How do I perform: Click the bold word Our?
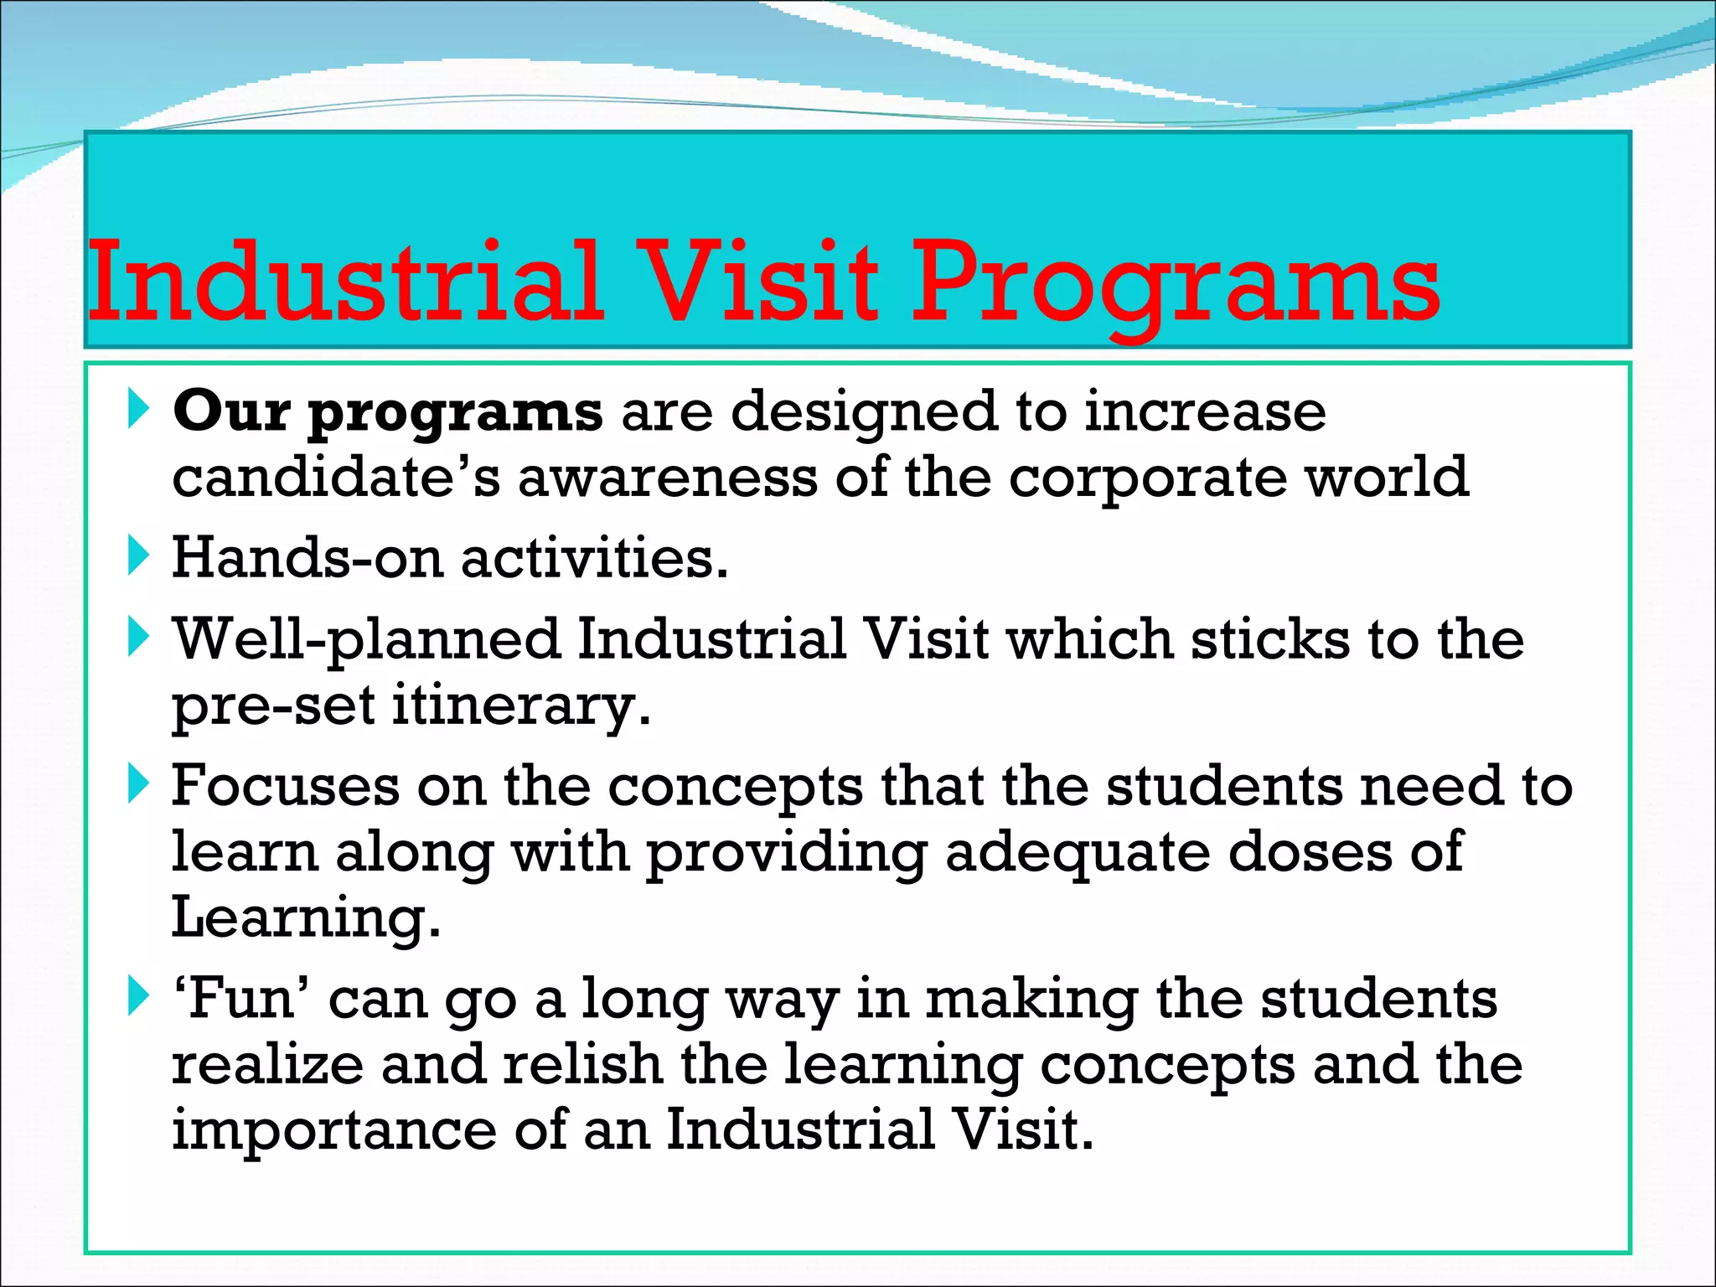pyautogui.click(x=230, y=411)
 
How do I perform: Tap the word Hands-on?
pyautogui.click(x=307, y=557)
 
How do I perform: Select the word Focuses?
pyautogui.click(x=286, y=786)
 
